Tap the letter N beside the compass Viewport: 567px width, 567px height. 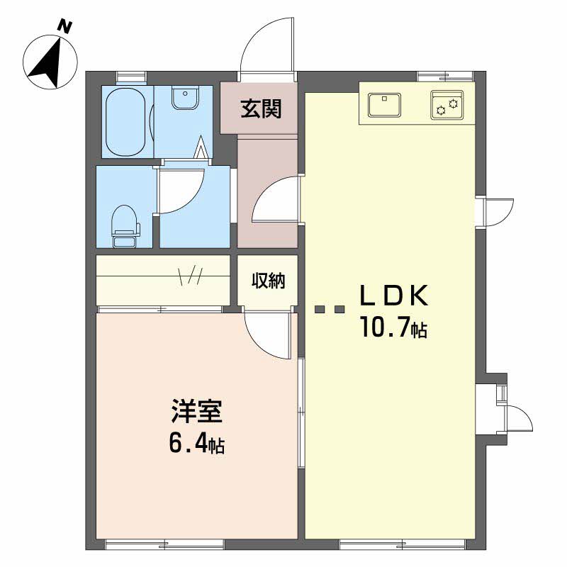[x=65, y=27]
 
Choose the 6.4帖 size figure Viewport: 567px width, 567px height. [x=196, y=444]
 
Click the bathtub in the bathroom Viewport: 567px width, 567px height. [x=126, y=121]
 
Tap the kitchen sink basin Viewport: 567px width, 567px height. [x=384, y=106]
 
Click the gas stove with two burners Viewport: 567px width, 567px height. [x=447, y=106]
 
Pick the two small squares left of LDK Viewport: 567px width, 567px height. [x=330, y=309]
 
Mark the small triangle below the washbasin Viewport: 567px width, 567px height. [x=202, y=148]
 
